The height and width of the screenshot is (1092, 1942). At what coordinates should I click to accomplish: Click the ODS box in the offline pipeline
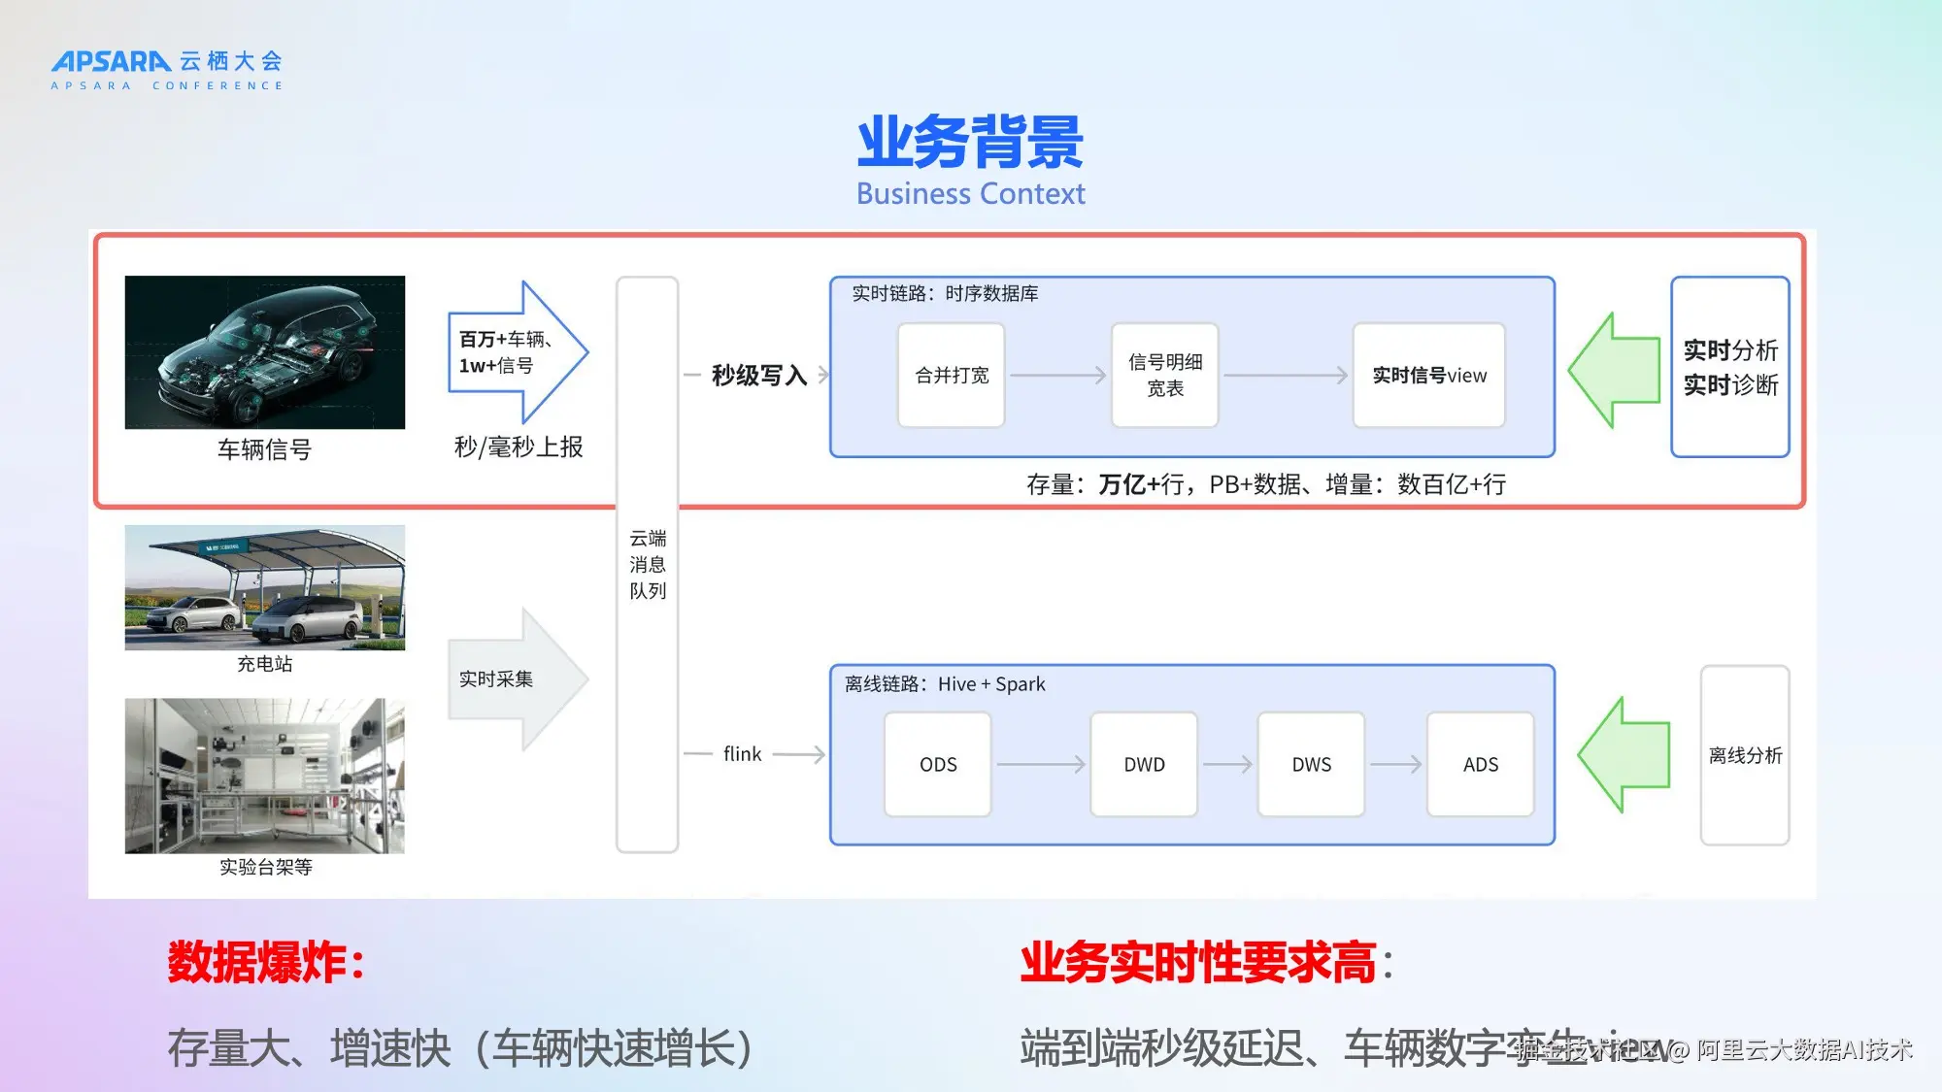[x=938, y=765]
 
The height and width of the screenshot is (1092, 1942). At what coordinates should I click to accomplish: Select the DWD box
[x=1144, y=765]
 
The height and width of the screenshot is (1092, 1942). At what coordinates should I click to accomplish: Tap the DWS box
[x=1311, y=765]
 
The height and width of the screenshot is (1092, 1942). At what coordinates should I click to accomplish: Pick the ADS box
[x=1480, y=765]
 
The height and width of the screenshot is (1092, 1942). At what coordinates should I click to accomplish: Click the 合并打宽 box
[x=952, y=376]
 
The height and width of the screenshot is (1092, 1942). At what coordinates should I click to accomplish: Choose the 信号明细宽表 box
[x=1165, y=376]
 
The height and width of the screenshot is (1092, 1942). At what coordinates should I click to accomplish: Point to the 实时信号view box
[x=1428, y=376]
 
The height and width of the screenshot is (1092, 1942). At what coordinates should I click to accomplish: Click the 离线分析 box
[x=1745, y=755]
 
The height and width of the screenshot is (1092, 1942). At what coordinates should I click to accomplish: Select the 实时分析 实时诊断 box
[x=1730, y=367]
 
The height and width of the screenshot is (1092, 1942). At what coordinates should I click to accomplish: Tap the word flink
[x=742, y=754]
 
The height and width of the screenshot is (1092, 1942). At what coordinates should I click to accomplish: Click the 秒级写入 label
[x=758, y=376]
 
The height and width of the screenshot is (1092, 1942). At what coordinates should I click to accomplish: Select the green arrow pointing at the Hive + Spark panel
[x=1624, y=755]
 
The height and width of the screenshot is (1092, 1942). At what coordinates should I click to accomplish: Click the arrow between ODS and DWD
[x=1040, y=765]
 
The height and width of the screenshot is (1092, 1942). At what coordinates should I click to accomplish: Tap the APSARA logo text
[x=112, y=61]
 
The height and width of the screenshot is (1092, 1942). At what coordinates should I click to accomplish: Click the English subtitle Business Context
[x=970, y=194]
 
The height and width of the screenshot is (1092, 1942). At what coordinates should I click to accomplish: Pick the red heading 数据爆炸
[x=265, y=963]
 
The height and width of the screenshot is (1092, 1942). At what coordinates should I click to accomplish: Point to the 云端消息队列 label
[x=648, y=564]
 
